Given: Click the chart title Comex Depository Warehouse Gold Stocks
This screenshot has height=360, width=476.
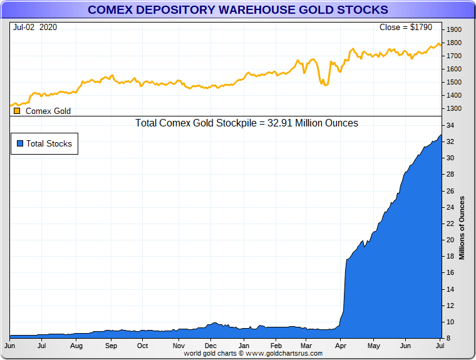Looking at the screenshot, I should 237,10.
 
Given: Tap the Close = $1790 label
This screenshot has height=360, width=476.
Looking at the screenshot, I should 405,28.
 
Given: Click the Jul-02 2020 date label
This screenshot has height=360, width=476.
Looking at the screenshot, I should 35,28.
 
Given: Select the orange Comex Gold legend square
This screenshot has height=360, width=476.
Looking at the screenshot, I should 17,111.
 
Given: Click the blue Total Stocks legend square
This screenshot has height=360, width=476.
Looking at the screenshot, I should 20,143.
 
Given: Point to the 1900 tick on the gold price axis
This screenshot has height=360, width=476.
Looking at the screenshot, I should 453,30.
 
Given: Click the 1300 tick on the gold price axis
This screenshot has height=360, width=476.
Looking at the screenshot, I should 453,109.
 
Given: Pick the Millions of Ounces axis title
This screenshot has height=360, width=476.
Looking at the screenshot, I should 462,228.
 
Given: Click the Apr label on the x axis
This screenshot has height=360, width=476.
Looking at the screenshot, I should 342,346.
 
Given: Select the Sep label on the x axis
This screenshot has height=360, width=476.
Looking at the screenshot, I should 111,346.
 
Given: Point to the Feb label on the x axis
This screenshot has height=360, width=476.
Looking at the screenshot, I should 276,346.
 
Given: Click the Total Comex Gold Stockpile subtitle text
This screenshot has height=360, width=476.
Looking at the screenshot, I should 247,123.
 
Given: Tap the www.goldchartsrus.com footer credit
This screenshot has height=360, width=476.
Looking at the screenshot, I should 253,354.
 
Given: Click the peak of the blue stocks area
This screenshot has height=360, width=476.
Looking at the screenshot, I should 441,135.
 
